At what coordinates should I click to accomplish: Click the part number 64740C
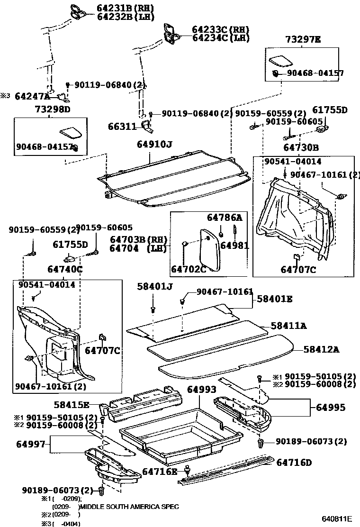click(x=65, y=270)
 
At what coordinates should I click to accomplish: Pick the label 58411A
click(x=288, y=326)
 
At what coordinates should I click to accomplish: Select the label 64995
click(x=331, y=408)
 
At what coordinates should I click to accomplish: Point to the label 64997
click(x=30, y=444)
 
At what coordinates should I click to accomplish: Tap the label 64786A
click(x=224, y=218)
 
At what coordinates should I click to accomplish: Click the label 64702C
click(x=189, y=270)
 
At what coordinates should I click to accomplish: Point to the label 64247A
click(x=32, y=96)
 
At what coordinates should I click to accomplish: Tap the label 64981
click(x=234, y=246)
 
